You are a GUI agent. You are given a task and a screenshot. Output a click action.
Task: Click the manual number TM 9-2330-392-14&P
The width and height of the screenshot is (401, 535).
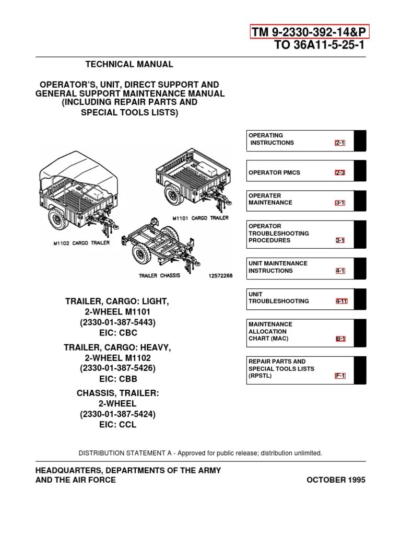[310, 32]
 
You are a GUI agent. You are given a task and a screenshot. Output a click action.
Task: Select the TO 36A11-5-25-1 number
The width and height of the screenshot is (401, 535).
[320, 45]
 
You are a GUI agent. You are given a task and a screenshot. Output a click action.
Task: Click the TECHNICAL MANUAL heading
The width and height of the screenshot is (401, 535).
[129, 64]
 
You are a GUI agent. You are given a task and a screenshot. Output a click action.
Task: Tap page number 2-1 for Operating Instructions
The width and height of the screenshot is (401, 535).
[340, 143]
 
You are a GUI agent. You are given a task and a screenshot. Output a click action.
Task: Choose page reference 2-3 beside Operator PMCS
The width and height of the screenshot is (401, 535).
[340, 173]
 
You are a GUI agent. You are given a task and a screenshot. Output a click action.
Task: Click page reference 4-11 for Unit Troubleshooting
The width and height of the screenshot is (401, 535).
[340, 301]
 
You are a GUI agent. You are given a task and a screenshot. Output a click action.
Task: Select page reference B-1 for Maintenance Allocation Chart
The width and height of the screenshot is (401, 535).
[340, 339]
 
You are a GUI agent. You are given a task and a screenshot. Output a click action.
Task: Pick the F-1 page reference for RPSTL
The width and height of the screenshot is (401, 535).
[340, 376]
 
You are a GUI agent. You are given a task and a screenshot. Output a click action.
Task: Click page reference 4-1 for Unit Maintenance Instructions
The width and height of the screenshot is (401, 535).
[340, 271]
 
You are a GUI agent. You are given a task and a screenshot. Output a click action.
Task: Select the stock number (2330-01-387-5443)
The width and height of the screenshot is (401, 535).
[117, 322]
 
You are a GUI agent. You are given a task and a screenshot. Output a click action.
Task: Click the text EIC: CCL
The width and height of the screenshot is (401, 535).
[117, 425]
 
